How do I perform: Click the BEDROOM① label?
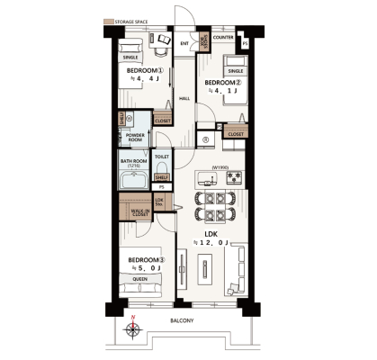coord(144,70)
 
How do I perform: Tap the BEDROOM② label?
coord(222,83)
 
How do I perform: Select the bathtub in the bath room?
coord(133,178)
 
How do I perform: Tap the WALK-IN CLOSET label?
coord(140,213)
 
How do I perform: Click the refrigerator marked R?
coord(206,139)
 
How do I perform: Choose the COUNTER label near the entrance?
coord(224,38)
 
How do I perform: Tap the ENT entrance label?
coord(184,43)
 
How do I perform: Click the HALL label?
coord(184,98)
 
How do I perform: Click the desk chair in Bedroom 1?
coord(163,40)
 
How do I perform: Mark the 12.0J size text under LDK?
coord(212,241)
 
